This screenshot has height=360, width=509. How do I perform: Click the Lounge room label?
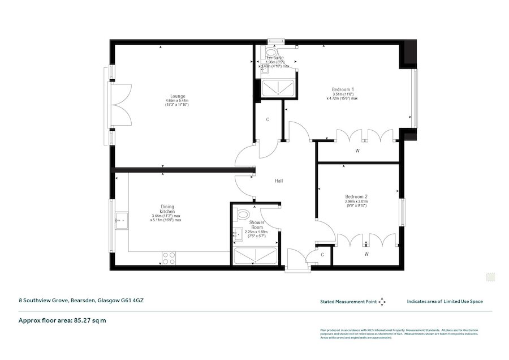point(179,96)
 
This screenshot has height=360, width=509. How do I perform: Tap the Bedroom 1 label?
point(343,89)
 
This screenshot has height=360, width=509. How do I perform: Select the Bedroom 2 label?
point(356,196)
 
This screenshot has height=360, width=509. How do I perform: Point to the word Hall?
point(279,181)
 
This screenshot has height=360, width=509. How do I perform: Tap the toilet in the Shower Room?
point(243,215)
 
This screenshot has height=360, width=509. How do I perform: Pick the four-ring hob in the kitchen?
point(169,259)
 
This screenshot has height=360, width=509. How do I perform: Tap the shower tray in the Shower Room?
point(255,256)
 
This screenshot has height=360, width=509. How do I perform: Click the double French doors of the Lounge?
point(121,105)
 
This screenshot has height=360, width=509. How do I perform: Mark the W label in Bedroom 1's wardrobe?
point(357,151)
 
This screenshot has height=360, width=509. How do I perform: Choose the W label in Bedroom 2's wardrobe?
point(366,254)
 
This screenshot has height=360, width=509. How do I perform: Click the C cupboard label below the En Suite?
point(268,119)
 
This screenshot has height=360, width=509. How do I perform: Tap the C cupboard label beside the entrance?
point(322,255)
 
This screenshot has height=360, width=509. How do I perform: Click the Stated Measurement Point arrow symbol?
point(382,302)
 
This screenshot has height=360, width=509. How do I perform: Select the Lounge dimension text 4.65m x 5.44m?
point(178,101)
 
